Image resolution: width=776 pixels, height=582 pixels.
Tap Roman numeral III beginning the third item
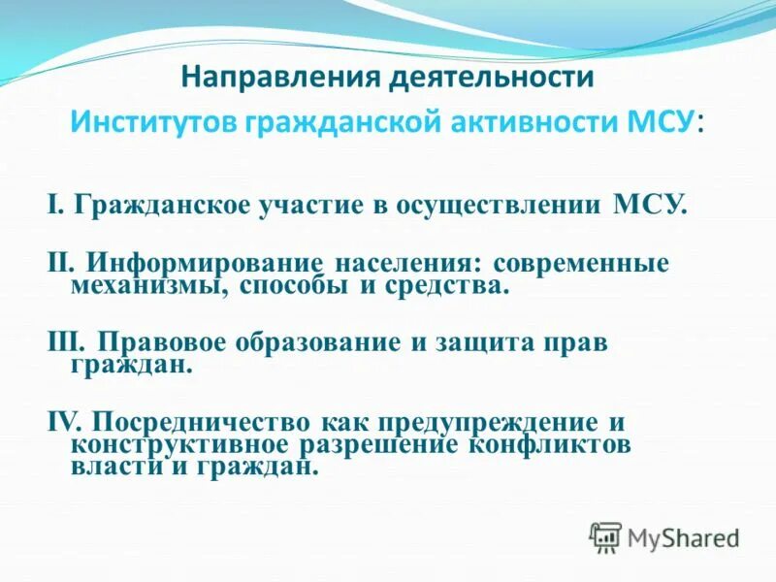[x=66, y=343]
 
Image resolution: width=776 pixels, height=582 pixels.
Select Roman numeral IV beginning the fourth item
[x=64, y=423]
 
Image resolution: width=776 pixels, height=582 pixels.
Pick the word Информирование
[x=205, y=264]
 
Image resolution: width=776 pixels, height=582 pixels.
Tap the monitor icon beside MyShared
[x=605, y=536]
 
